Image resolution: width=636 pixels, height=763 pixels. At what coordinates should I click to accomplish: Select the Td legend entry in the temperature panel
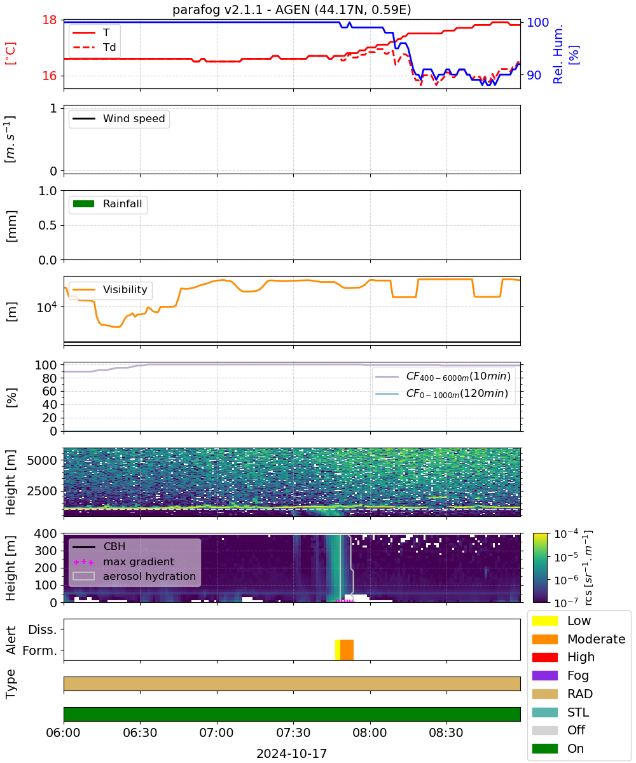coord(94,47)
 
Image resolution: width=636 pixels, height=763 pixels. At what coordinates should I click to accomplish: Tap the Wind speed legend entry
coord(119,118)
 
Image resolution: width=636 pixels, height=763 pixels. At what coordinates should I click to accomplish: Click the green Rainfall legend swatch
coord(83,203)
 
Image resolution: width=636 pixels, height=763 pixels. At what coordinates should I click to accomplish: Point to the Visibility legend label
coord(125,289)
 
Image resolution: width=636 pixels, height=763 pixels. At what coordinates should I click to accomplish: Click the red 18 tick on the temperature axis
coord(50,20)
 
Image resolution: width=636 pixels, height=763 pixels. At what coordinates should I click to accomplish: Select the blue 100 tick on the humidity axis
coord(537,22)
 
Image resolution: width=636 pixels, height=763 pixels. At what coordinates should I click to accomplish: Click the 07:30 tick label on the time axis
coord(293,732)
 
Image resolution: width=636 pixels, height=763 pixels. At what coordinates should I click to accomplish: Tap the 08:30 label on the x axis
coord(446,732)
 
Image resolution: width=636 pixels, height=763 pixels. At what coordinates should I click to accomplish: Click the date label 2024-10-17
coord(292,753)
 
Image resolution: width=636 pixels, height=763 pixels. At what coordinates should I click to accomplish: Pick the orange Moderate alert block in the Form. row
coord(347,649)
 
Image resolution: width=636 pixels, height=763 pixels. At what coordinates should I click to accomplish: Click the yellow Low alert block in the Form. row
coord(338,649)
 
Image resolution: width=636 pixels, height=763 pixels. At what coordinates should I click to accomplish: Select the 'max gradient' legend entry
coord(123,561)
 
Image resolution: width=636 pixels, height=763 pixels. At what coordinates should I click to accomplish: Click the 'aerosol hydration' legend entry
coord(134,576)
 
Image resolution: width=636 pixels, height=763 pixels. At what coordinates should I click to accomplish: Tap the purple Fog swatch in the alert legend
coord(544,675)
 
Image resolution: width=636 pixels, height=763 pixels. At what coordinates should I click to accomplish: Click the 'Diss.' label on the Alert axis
coord(43,629)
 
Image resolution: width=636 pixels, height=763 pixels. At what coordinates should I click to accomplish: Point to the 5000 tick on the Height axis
coord(42,460)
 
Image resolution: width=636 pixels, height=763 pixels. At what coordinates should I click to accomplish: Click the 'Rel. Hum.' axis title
coord(558,54)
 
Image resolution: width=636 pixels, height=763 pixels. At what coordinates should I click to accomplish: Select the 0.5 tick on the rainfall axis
coord(48,226)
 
